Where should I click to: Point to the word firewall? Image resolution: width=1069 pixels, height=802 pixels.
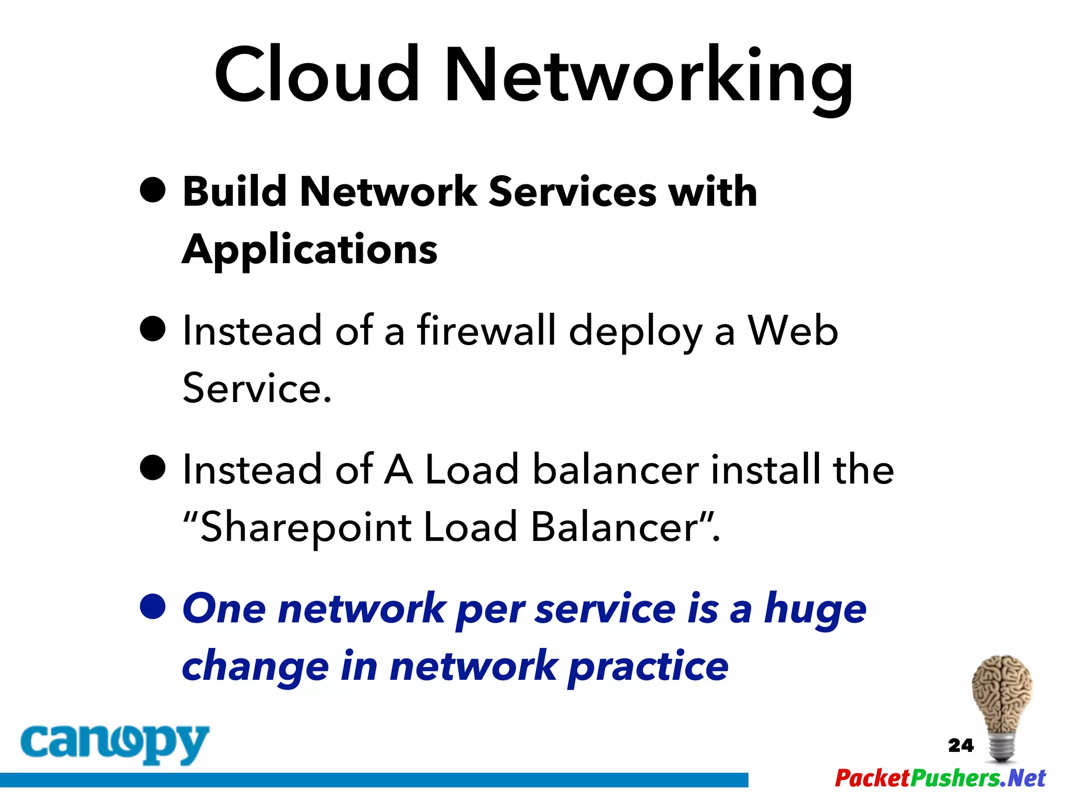pos(486,331)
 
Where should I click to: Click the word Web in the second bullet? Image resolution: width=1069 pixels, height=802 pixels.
pos(792,331)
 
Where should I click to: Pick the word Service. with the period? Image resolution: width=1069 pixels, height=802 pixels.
pos(257,388)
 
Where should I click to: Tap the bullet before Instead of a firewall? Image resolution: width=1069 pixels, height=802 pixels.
pos(153,329)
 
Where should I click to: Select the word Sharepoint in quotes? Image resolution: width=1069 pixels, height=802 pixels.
pos(306,527)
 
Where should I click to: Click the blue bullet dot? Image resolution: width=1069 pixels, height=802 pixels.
pos(153,607)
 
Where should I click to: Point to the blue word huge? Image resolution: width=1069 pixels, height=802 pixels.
pos(815,610)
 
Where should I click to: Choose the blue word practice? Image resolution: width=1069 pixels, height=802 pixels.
pos(648,667)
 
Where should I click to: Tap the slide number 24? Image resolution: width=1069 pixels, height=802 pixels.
pos(960,745)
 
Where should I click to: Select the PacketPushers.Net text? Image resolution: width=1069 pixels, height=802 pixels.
pos(940,778)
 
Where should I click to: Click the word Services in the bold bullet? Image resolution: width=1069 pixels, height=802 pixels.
pos(572,192)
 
